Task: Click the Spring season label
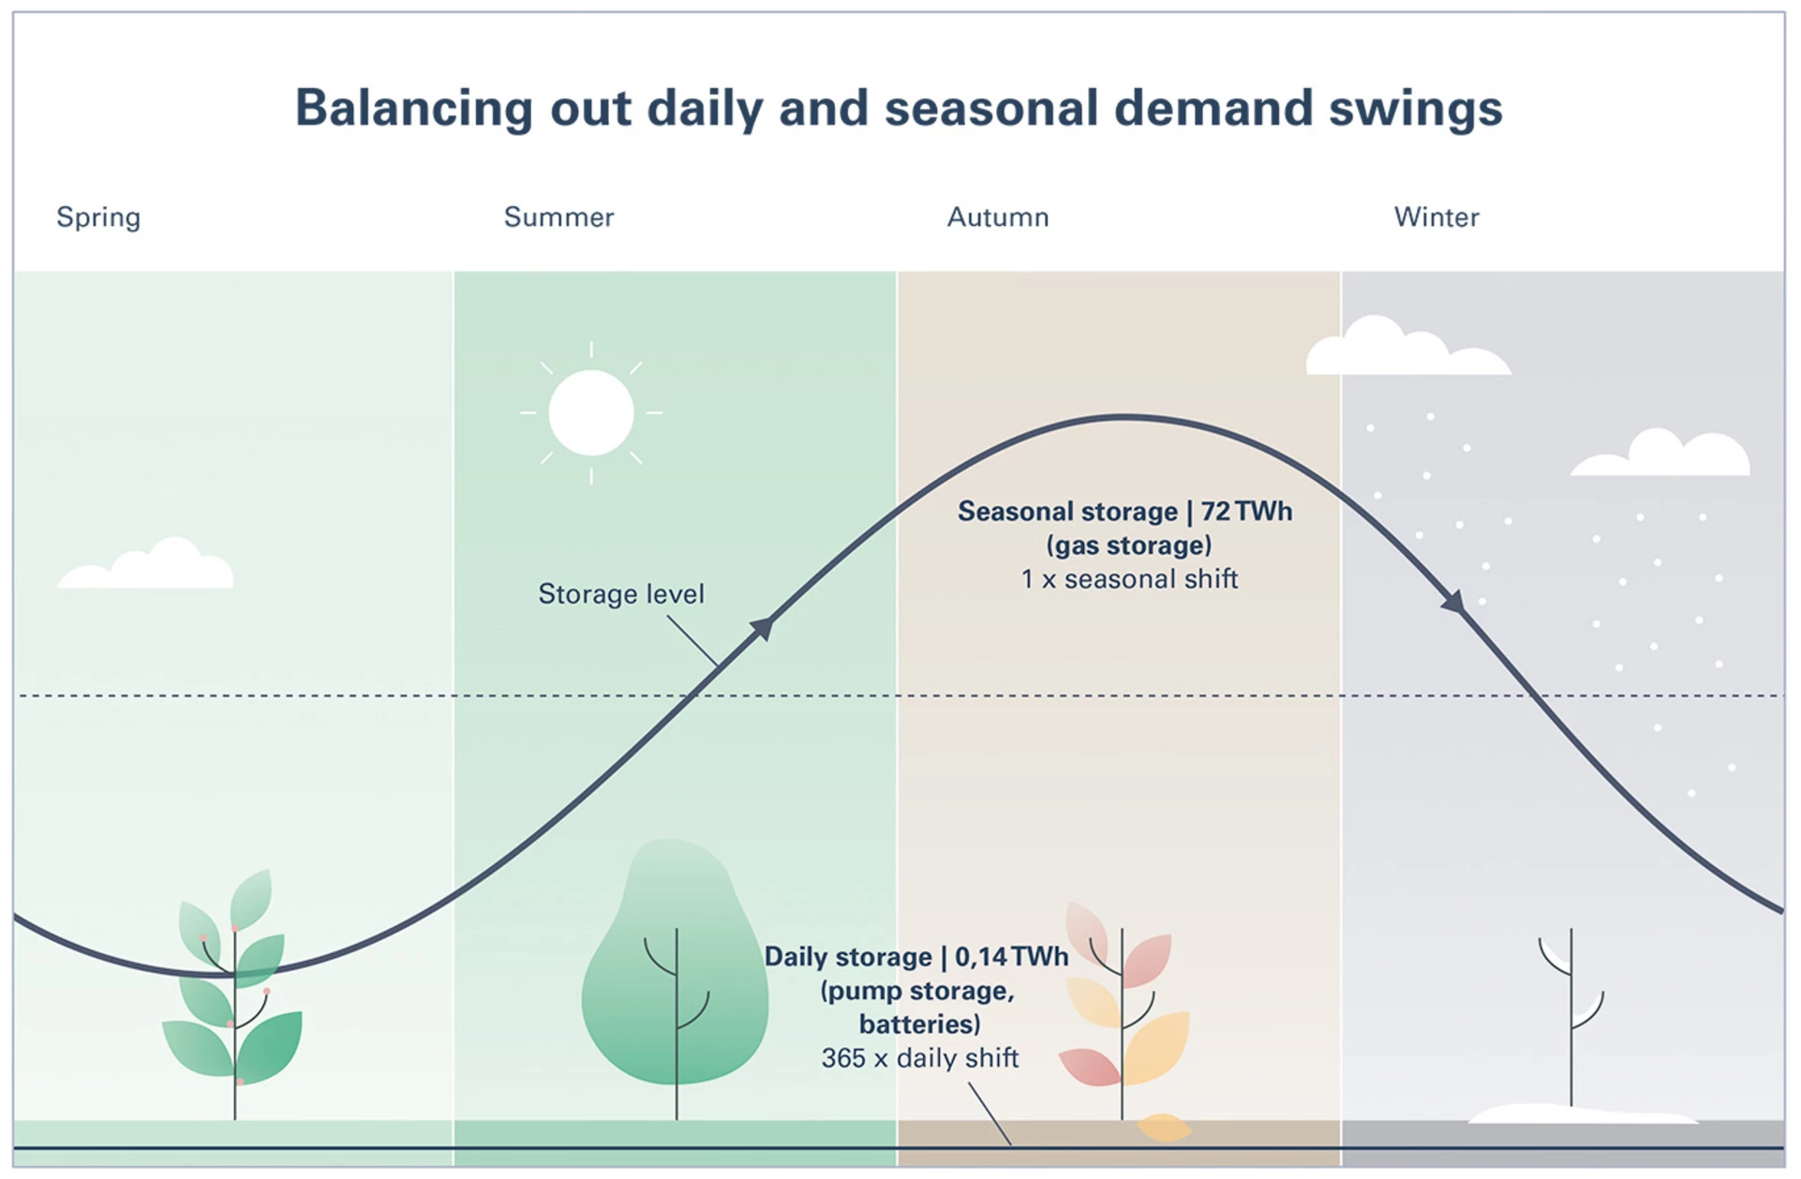pos(98,218)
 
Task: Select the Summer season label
pos(558,217)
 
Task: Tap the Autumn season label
pos(998,217)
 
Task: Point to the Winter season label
pos(1436,217)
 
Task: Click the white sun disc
pos(591,413)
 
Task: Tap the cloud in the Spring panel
pos(146,564)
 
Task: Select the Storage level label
pos(620,594)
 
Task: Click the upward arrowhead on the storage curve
pos(764,627)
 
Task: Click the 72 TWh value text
pos(1246,512)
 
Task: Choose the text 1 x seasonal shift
pos(1129,579)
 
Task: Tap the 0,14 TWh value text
pos(1011,957)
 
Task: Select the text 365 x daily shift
pos(919,1058)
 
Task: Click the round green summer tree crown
pos(675,965)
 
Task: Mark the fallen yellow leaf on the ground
pos(1164,1127)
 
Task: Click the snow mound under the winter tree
pos(1583,1113)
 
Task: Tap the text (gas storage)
pos(1129,545)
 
